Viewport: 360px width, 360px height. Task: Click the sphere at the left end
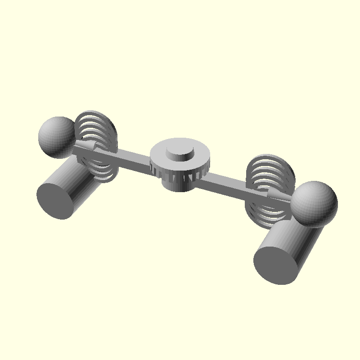(56, 136)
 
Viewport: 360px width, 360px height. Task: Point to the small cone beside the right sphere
(277, 193)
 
